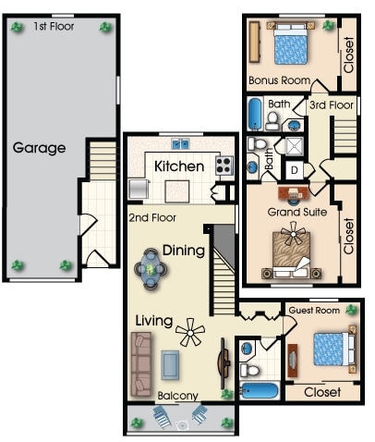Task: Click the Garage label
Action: (39, 148)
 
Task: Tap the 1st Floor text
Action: (54, 27)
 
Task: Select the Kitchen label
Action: (179, 166)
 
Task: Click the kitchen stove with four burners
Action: (224, 166)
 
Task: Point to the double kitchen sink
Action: (180, 144)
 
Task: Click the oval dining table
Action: (151, 269)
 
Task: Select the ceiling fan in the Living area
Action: (190, 332)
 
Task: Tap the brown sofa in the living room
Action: (141, 364)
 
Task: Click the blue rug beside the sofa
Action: (170, 365)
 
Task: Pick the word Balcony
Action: (177, 396)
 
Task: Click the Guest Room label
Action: (314, 311)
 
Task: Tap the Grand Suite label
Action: (297, 212)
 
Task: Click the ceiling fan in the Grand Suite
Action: (293, 234)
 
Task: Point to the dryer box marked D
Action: (295, 170)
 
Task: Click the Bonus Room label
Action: (279, 80)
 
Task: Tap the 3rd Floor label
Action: (332, 105)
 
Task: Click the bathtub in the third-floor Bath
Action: (255, 114)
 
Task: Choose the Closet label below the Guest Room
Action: (322, 392)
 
